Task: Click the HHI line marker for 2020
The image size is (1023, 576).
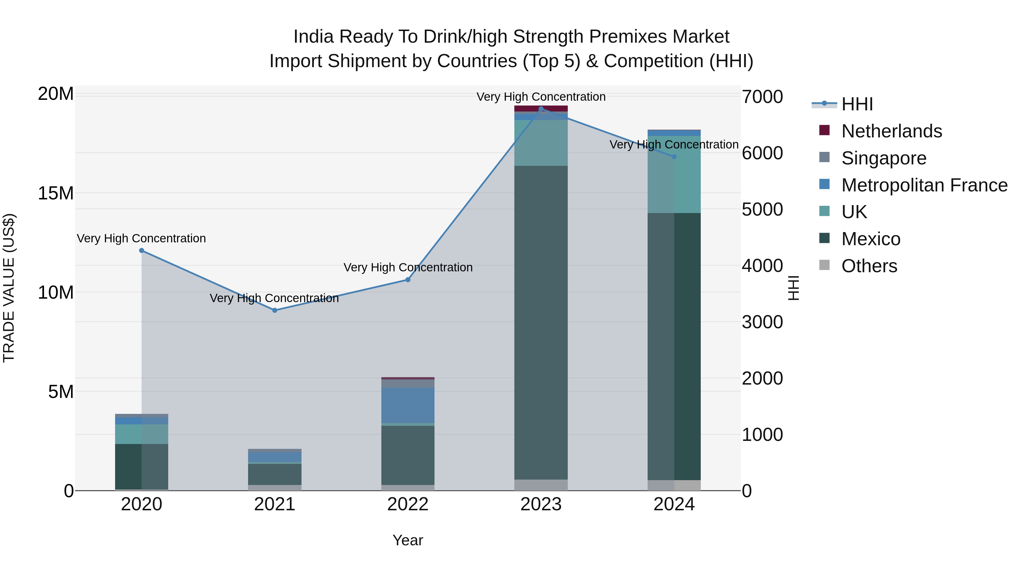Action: [142, 250]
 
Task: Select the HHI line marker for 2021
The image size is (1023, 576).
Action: [275, 310]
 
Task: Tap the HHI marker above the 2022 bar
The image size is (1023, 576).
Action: [407, 280]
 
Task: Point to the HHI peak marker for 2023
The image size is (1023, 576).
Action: [541, 109]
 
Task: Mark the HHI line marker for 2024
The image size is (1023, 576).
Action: [674, 157]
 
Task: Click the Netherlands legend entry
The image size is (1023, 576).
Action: [891, 131]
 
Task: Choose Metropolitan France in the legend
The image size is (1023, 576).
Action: [924, 185]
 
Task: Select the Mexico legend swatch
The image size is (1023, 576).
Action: [824, 239]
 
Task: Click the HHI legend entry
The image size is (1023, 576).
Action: [856, 104]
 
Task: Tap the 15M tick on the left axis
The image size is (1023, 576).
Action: [56, 193]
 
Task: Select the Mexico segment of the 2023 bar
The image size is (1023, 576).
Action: [541, 322]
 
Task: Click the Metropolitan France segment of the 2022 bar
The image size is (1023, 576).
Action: [407, 405]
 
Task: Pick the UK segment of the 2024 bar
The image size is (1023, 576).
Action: [674, 175]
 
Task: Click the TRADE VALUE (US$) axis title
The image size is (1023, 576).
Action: [9, 288]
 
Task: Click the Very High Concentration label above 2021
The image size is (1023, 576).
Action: [274, 298]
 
